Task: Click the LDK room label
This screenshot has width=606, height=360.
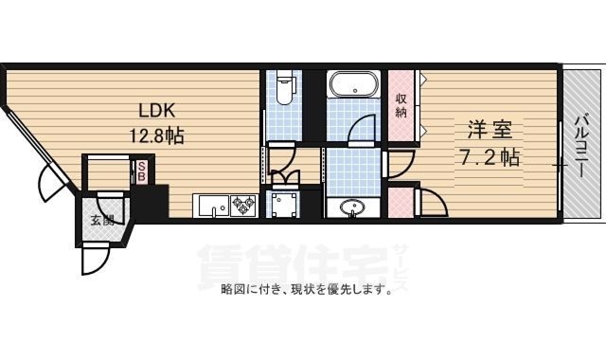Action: [x=158, y=108]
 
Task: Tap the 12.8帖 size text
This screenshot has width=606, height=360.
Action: [x=156, y=135]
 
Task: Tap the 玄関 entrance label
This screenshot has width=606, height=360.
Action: [x=102, y=221]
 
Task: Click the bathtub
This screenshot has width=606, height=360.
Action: [x=354, y=85]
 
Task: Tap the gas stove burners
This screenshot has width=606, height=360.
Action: [x=244, y=204]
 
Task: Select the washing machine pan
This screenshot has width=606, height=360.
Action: [x=282, y=204]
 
